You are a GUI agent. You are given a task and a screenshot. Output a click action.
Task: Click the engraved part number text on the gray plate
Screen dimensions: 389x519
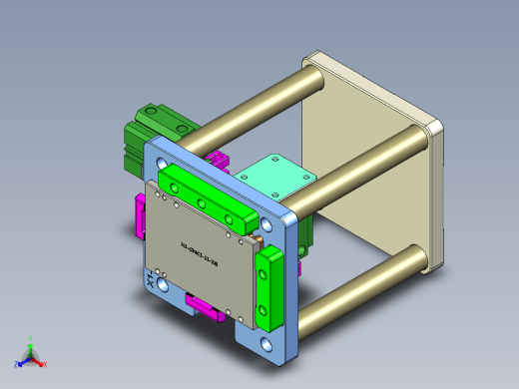[200, 245]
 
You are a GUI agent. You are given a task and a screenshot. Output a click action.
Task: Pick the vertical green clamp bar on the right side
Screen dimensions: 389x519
[269, 288]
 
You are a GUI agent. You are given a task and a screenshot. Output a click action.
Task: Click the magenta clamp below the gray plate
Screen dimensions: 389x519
[204, 306]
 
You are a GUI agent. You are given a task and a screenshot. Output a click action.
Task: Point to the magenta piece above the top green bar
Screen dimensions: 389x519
[217, 160]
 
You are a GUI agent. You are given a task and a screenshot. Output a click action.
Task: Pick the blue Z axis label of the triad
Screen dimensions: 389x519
[17, 363]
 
